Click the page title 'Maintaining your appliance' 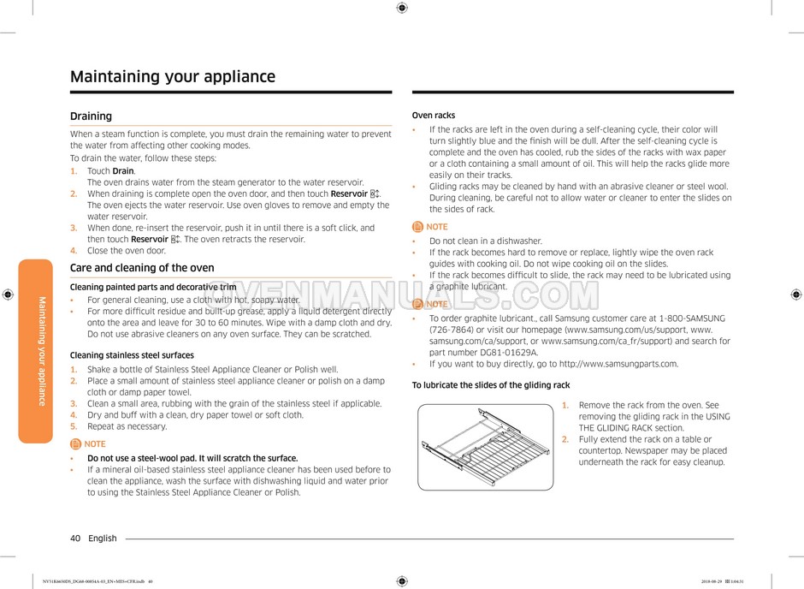173,77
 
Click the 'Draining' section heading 91,116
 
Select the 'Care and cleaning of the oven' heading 142,268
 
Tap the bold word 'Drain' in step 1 122,171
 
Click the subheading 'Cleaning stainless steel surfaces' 132,355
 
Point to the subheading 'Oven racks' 434,116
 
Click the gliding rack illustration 485,446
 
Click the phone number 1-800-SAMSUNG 684,318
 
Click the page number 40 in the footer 75,538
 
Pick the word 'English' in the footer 103,538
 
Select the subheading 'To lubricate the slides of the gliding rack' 491,385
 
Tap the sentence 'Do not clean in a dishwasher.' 486,241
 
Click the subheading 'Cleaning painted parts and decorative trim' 153,287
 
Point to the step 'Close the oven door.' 127,251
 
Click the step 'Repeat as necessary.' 127,426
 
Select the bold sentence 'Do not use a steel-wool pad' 192,458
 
